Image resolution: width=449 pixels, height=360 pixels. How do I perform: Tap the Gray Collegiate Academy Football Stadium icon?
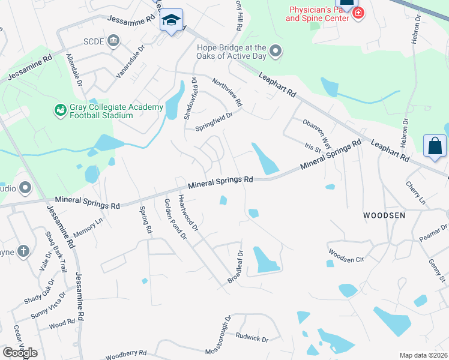[x=60, y=110]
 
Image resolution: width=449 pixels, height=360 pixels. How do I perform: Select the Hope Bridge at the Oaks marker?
[x=276, y=51]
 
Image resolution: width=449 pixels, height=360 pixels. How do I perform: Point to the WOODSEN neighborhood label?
[x=384, y=215]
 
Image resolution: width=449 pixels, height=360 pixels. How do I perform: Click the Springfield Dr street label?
[x=214, y=119]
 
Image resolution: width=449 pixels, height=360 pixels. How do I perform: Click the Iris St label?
[x=313, y=148]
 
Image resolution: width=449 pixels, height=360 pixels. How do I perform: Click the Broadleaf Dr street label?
[x=234, y=268]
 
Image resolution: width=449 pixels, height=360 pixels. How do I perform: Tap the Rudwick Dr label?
[x=252, y=338]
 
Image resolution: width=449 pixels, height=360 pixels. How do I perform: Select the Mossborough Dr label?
[x=218, y=334]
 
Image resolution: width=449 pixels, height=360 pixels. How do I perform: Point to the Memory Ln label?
[x=88, y=229]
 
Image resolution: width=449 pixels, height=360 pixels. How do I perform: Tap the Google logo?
[x=20, y=352]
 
